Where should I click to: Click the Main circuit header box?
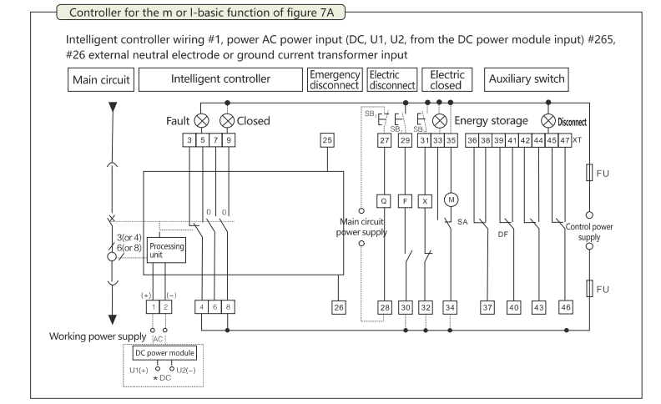click(98, 80)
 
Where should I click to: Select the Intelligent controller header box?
click(220, 80)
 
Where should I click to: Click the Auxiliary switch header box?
click(526, 80)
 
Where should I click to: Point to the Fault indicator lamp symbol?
click(201, 120)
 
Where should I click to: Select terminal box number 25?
click(327, 139)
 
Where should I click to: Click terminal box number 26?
click(339, 306)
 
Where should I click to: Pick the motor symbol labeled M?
click(452, 199)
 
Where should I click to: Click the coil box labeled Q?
click(384, 200)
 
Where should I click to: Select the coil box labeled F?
click(406, 200)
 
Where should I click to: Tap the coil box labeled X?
click(426, 200)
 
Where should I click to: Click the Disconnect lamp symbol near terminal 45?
click(548, 120)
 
